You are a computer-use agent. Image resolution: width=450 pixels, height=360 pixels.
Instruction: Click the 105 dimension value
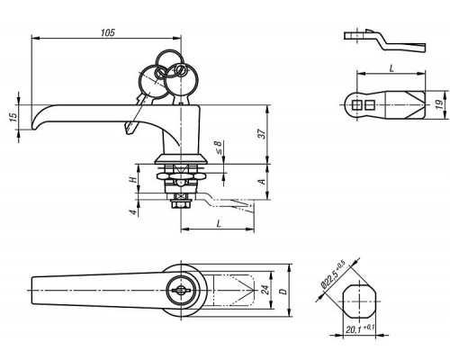[x=108, y=32]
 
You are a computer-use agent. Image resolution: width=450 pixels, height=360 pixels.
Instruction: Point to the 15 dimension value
[x=13, y=117]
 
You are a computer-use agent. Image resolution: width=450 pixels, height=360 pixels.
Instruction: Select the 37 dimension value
[x=262, y=133]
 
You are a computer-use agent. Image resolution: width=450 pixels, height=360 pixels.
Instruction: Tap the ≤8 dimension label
[x=219, y=147]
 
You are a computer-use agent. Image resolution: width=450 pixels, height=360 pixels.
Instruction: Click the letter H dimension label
[x=133, y=180]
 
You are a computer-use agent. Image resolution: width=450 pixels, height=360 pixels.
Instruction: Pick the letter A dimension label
[x=262, y=182]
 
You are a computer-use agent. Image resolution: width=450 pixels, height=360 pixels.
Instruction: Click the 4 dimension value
[x=133, y=212]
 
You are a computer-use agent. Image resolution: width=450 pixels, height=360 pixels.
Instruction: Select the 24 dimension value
[x=265, y=290]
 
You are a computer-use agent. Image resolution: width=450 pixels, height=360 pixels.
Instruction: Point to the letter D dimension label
[x=283, y=291]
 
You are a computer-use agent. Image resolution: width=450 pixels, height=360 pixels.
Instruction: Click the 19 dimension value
[x=439, y=104]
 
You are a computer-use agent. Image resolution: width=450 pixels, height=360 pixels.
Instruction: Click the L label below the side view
[x=219, y=223]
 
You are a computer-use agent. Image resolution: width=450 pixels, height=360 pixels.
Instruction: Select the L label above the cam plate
[x=391, y=68]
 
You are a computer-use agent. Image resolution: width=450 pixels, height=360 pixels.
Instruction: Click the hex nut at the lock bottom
[x=180, y=204]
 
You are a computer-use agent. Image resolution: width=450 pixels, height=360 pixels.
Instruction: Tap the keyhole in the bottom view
[x=180, y=290]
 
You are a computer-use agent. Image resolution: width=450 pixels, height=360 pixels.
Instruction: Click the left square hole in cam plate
[x=356, y=105]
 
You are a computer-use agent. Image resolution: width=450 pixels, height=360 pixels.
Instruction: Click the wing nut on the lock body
[x=180, y=177]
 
